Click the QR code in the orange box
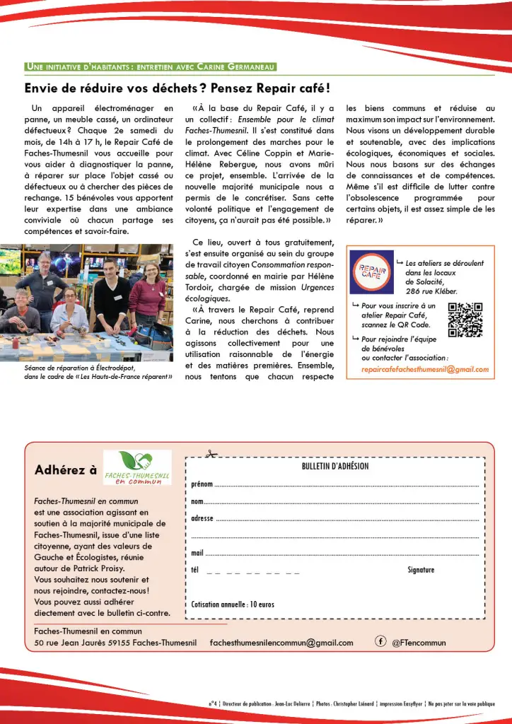(x=465, y=319)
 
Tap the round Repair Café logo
(x=371, y=271)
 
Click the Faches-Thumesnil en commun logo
(x=136, y=468)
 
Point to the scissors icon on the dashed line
(x=209, y=455)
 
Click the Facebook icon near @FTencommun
(x=380, y=641)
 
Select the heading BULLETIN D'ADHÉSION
(x=334, y=467)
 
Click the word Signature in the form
(x=421, y=570)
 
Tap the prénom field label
(x=202, y=485)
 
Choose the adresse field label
(x=202, y=518)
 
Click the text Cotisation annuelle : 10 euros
(x=233, y=605)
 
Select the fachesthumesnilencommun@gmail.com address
(x=281, y=643)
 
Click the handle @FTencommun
(x=419, y=643)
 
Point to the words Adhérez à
(x=66, y=470)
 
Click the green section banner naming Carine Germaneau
(x=149, y=67)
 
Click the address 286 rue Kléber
(x=431, y=291)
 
